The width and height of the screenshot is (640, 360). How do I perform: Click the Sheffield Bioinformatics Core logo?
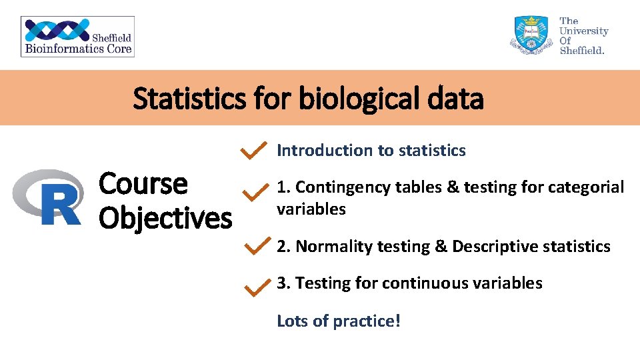coord(77,37)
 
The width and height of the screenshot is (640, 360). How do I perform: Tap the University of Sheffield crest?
coord(531,36)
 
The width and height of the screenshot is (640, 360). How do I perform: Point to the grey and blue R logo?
coord(47,197)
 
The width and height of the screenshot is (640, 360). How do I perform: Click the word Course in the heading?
coord(143,183)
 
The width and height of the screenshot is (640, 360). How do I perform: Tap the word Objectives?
coord(165,217)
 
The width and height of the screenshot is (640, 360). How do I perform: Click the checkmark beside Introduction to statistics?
coord(254,151)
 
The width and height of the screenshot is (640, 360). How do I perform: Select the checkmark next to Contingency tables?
coord(254,194)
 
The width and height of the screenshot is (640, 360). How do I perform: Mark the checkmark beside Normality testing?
coord(256,246)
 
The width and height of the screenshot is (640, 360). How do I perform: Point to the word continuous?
coord(425,283)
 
